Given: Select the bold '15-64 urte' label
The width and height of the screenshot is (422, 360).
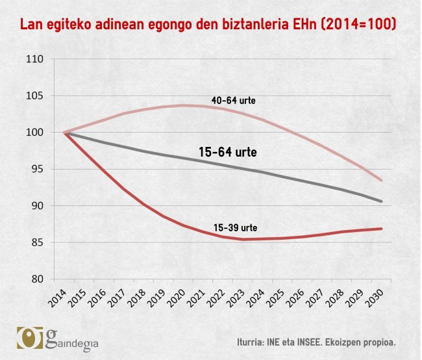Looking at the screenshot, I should pyautogui.click(x=227, y=153).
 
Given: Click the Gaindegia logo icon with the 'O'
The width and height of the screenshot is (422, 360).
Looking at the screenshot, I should pyautogui.click(x=29, y=338).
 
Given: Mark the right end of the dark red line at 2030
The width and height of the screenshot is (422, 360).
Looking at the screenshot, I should pyautogui.click(x=382, y=229).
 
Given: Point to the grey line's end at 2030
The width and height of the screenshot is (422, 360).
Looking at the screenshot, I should pyautogui.click(x=382, y=201).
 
